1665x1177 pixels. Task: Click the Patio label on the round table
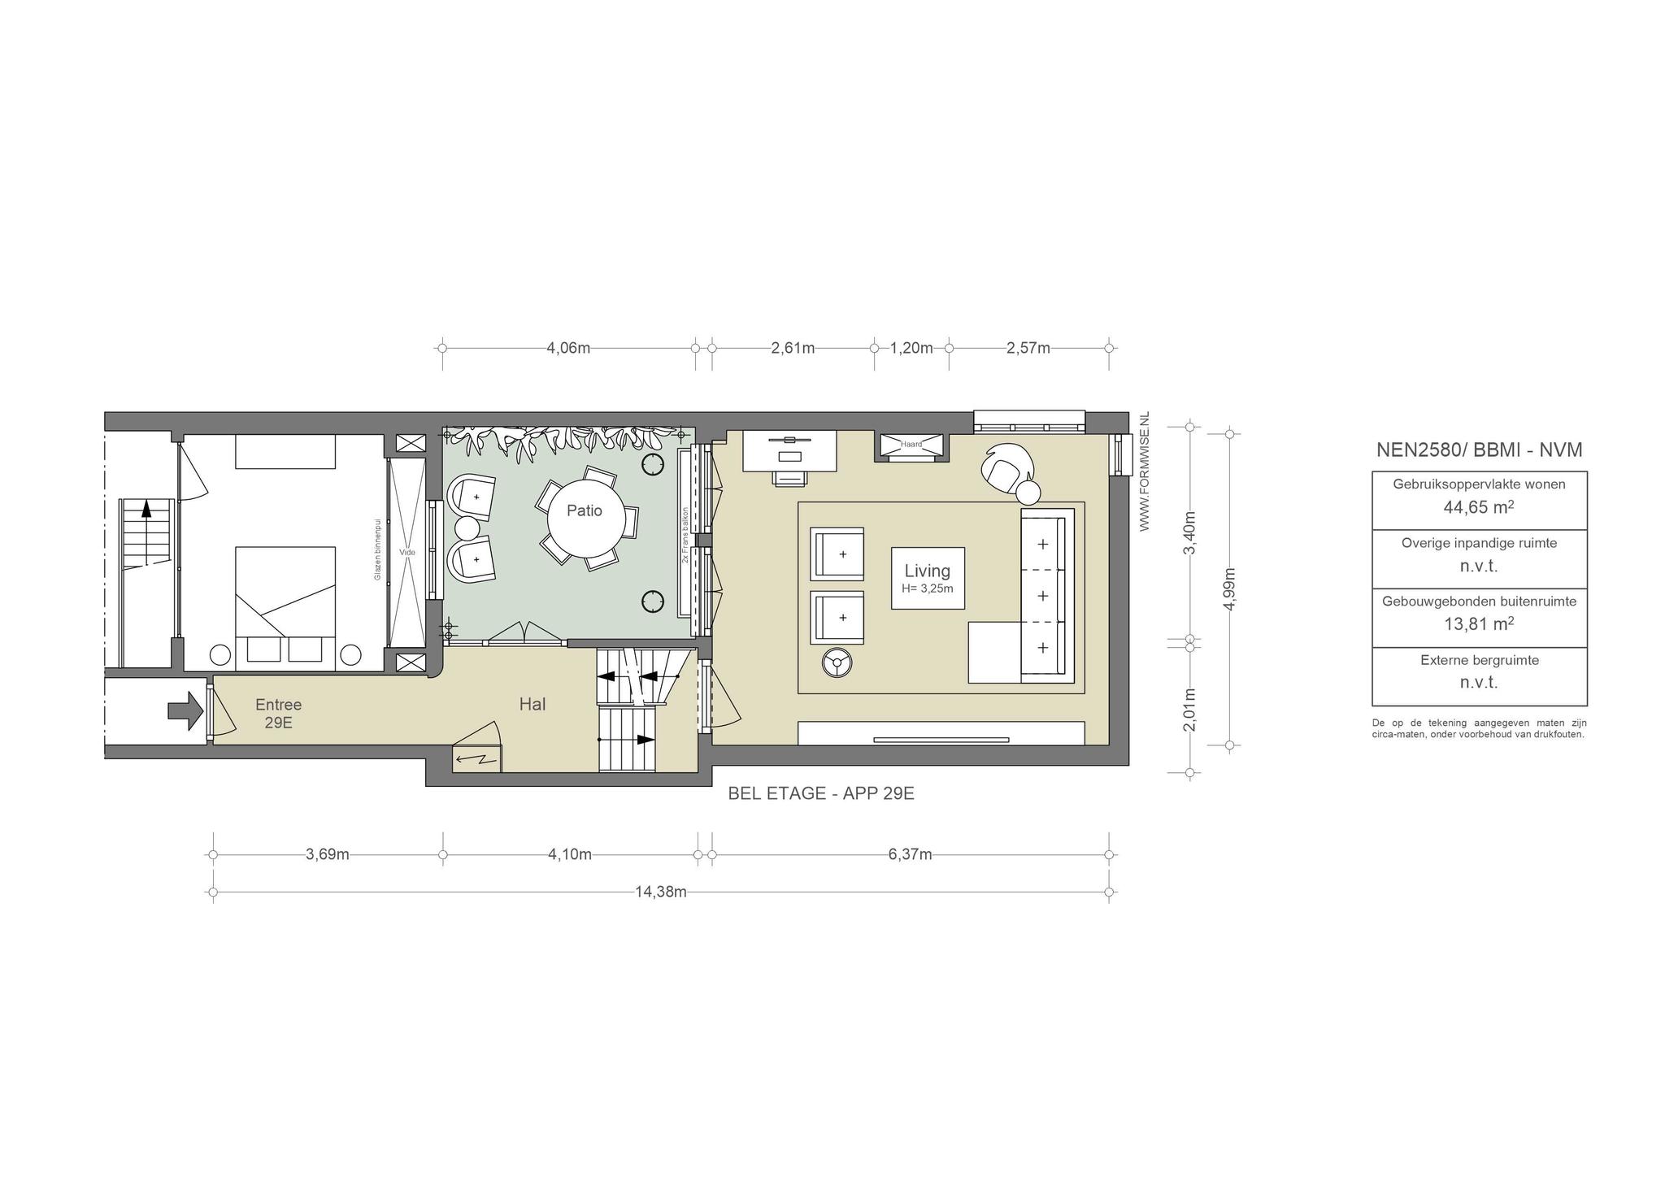click(x=585, y=510)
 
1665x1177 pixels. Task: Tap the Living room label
click(x=928, y=571)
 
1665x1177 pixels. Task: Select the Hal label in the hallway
click(x=533, y=705)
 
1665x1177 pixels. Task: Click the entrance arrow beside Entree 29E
click(x=185, y=711)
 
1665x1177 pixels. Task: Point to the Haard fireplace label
click(x=911, y=444)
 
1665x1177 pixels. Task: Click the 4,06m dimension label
click(x=568, y=348)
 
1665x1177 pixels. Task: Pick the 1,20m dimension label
click(x=911, y=348)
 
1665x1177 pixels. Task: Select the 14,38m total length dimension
click(x=661, y=892)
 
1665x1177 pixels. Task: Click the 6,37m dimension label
click(x=911, y=854)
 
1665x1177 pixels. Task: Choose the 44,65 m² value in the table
click(x=1479, y=507)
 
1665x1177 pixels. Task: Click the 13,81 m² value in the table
click(x=1479, y=624)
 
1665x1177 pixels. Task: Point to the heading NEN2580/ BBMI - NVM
click(x=1480, y=450)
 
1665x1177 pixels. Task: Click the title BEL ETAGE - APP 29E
click(x=821, y=793)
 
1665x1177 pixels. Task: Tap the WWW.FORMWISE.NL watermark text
click(x=1144, y=472)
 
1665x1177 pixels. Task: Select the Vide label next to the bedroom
click(x=407, y=553)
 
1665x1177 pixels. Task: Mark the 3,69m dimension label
click(x=328, y=854)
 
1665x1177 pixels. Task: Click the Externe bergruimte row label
click(x=1480, y=660)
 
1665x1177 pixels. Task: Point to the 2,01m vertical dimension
click(x=1189, y=710)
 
